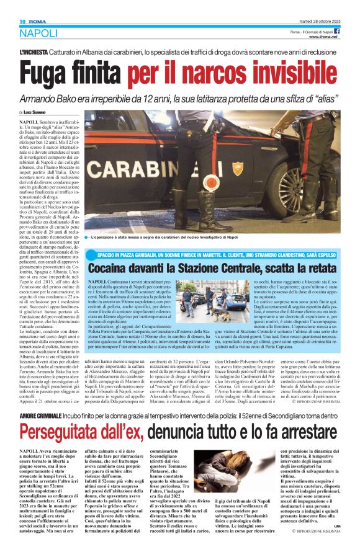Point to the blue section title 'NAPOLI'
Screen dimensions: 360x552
[38, 33]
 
